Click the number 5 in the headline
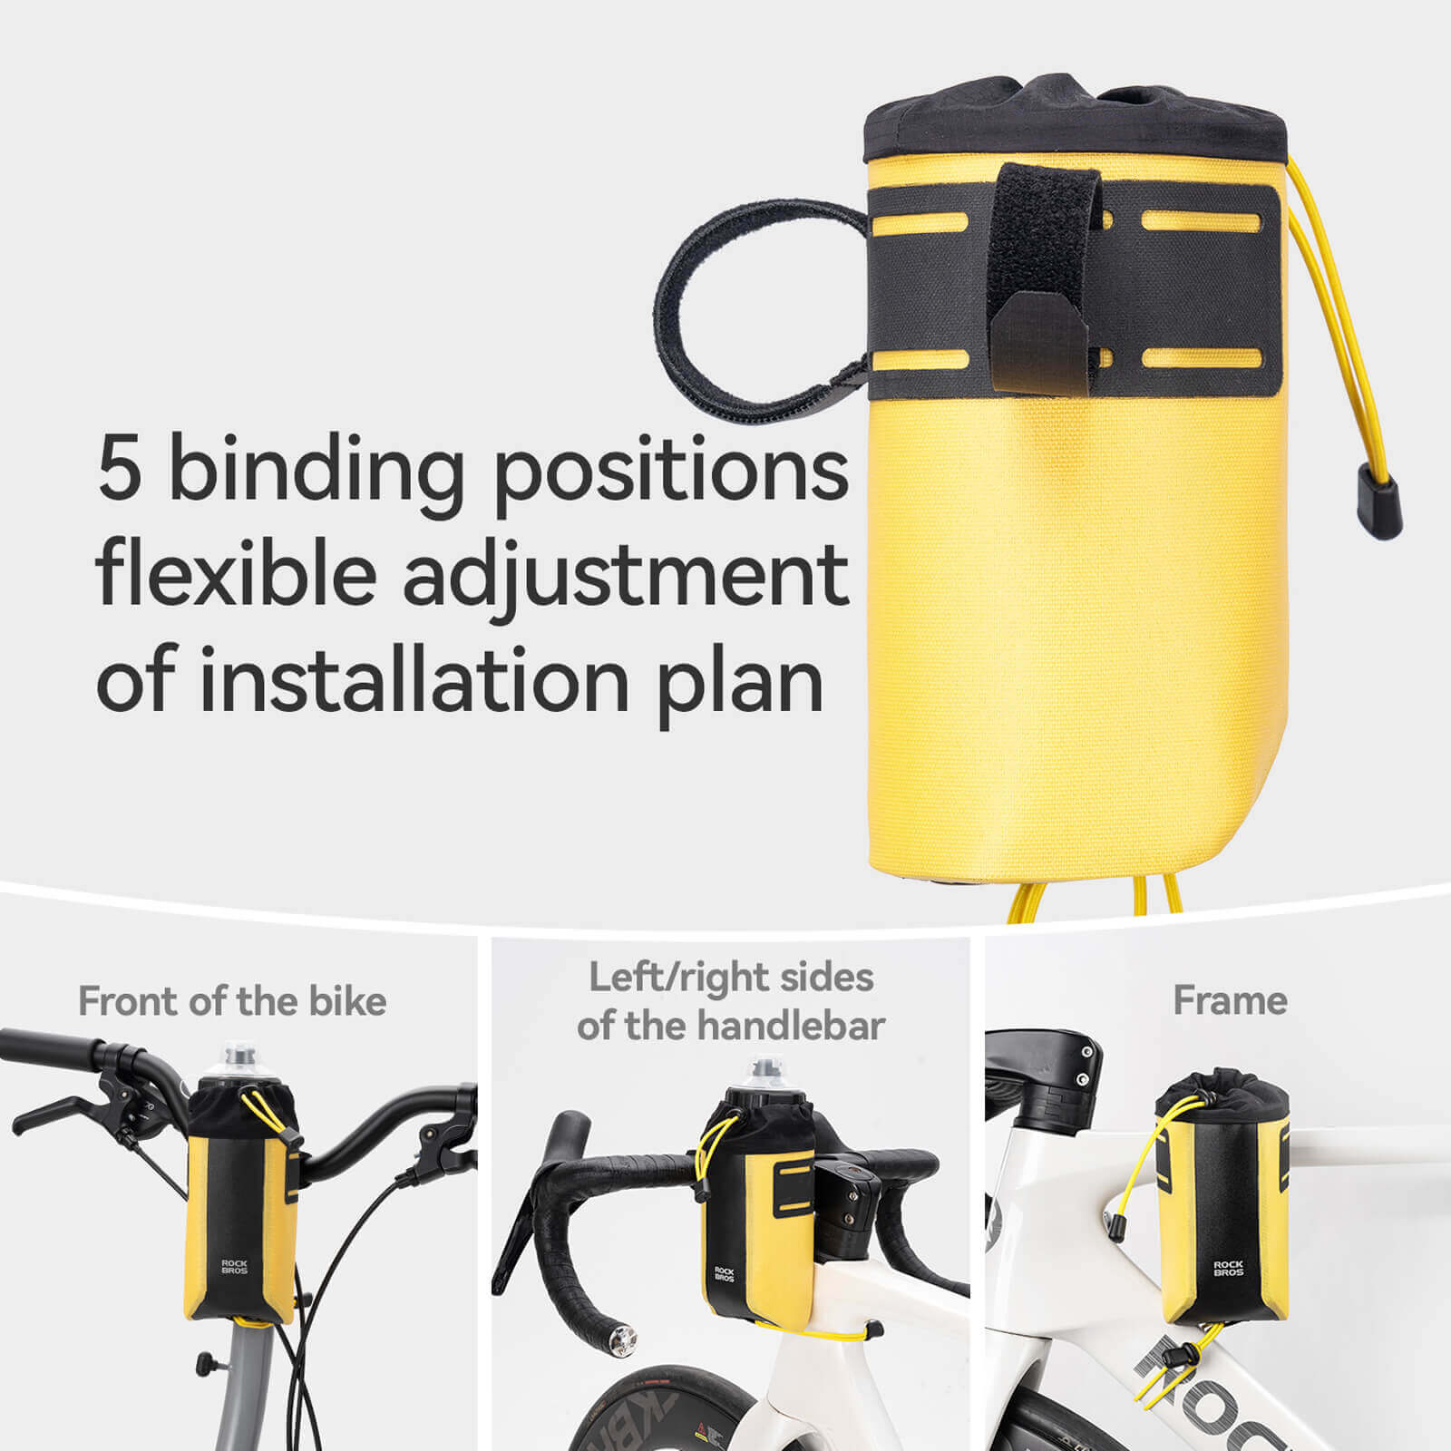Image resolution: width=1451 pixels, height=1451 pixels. pos(120,469)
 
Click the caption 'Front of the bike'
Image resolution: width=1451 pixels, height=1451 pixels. pos(232,1001)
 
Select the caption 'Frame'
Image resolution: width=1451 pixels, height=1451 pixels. pos(1230,1001)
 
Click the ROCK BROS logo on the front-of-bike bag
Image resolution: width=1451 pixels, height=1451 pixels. pos(234,1266)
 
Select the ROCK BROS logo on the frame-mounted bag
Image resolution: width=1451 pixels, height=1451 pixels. pos(1228,1268)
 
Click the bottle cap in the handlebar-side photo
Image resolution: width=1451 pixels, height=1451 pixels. pos(764,1076)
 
